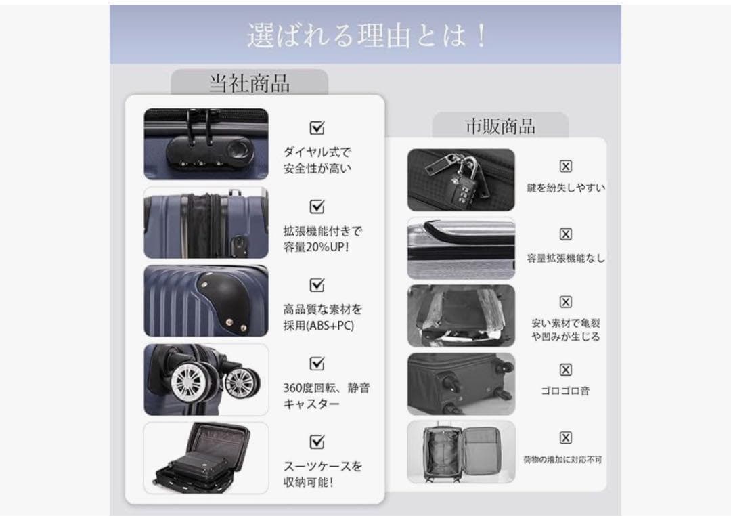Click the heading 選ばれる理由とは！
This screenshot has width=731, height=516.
pos(366,35)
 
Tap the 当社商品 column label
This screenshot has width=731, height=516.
pos(249,83)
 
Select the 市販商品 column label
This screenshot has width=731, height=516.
pos(500,126)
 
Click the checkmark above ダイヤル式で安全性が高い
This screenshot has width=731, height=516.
pos(317,128)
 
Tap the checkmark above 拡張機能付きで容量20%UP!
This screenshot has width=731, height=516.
pos(317,207)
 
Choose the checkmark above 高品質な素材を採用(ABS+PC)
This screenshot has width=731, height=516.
pos(317,284)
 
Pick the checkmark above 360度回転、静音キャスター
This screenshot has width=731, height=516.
pos(317,364)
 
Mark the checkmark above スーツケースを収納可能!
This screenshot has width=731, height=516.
pos(317,442)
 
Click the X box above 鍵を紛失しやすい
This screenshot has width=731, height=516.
pos(566,167)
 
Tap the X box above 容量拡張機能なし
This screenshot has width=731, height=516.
pos(566,234)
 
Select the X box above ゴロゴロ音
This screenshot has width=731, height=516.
pos(566,370)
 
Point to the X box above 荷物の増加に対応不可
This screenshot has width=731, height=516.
pos(566,437)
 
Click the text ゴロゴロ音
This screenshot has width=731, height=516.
pos(566,391)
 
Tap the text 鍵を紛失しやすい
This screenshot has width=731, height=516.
pos(566,188)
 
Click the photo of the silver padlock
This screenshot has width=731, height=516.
pos(461,179)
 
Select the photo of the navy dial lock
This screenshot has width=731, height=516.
pos(206,144)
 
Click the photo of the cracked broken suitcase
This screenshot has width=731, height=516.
pos(461,316)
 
